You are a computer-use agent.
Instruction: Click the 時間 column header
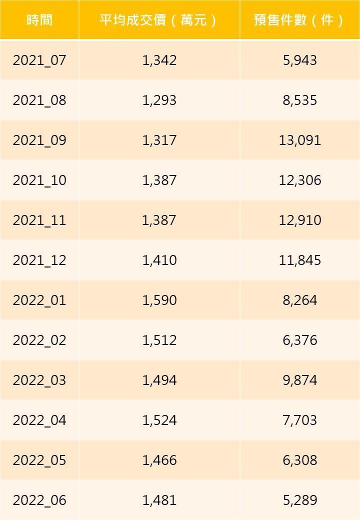click(x=39, y=20)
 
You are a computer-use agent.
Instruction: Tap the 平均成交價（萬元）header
click(x=159, y=20)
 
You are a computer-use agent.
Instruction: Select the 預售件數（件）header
click(x=299, y=20)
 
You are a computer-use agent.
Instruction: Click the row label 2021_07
click(x=39, y=60)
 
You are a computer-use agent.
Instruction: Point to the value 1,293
click(x=159, y=100)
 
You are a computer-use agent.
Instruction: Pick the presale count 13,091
click(x=300, y=140)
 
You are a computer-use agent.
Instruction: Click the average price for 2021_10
click(x=159, y=180)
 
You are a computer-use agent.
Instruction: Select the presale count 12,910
click(x=300, y=220)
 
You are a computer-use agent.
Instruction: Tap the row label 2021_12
click(x=39, y=260)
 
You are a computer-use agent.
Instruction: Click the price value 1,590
click(x=159, y=300)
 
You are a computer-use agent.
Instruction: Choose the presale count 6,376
click(x=300, y=340)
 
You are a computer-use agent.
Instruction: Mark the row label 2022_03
click(x=39, y=380)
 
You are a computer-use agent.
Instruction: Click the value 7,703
click(x=300, y=420)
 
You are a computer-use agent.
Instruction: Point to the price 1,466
click(x=159, y=460)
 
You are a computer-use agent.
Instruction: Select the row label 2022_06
click(x=39, y=500)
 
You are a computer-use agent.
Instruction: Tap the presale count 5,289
click(x=300, y=500)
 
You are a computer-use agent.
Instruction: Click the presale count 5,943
click(x=300, y=60)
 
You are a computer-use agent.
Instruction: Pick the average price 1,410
click(x=159, y=260)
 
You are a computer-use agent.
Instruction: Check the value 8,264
click(x=300, y=300)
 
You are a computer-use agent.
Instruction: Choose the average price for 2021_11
click(x=159, y=220)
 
